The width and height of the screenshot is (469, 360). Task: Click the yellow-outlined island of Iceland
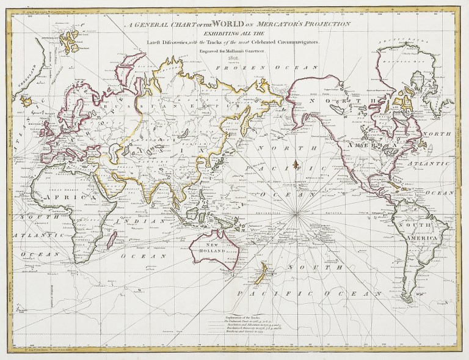(27, 100)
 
